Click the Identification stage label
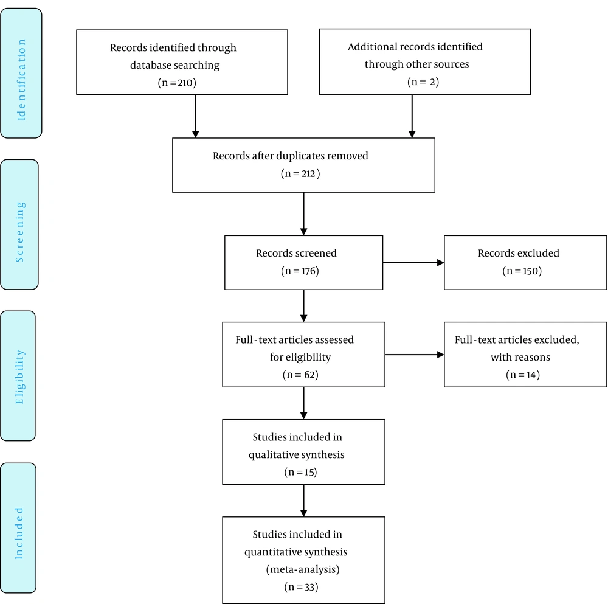coord(21,80)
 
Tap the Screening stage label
coord(19,232)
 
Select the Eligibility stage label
coord(19,377)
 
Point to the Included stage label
coord(19,533)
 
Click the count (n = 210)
coord(177,83)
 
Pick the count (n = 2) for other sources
coord(423,82)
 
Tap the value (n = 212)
coord(300,173)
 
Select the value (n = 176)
coord(300,271)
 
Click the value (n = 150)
coord(522,271)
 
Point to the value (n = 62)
coord(300,375)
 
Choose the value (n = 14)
coord(523,375)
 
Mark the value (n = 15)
coord(300,472)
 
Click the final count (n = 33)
coord(302,587)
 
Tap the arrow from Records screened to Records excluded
coord(413,263)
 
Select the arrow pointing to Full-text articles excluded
coord(415,355)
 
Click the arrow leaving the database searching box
coord(195,116)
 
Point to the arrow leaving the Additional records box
coord(412,116)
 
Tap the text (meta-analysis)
coord(302,569)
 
